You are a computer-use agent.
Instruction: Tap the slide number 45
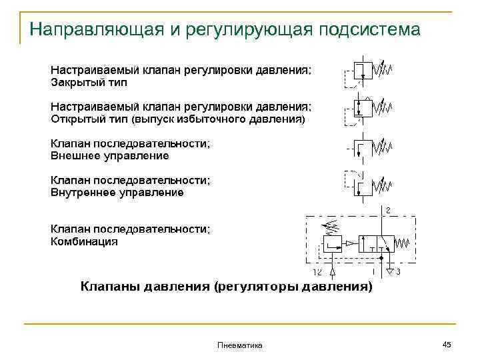(447, 344)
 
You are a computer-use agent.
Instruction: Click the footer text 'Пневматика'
(240, 345)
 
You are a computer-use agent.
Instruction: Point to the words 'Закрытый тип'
(89, 83)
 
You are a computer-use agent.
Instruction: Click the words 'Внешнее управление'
(110, 156)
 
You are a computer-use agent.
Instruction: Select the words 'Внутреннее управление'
(117, 193)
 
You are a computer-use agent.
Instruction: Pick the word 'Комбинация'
(85, 241)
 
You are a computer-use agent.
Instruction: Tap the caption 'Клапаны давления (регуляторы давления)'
(227, 287)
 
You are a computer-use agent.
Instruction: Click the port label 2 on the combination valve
(388, 211)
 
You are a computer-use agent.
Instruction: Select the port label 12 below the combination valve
(317, 273)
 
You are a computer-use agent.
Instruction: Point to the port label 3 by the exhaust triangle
(397, 273)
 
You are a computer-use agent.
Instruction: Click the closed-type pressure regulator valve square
(362, 70)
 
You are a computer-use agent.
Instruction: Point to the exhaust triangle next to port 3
(390, 271)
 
